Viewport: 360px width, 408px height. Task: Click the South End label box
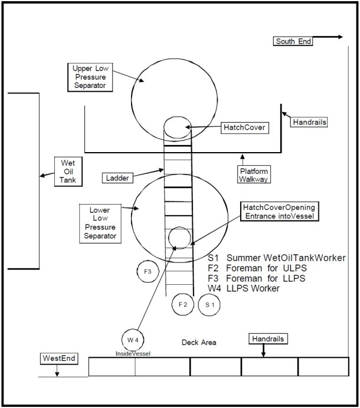click(x=293, y=41)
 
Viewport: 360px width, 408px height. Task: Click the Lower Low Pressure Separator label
click(x=99, y=223)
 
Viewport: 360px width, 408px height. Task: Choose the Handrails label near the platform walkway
click(x=309, y=122)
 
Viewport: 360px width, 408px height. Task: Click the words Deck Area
click(x=198, y=342)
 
